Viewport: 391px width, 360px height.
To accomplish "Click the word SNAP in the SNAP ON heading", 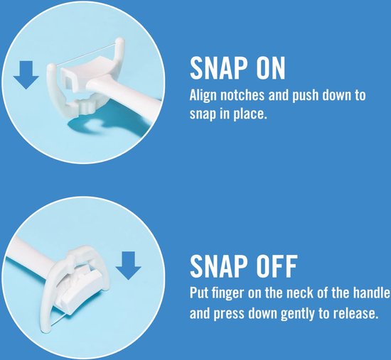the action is click(218, 68).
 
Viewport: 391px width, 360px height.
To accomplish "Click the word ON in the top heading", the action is click(271, 68).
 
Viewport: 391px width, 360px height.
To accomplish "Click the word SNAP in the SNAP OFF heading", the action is click(218, 266).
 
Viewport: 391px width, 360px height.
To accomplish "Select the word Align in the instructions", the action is click(202, 96).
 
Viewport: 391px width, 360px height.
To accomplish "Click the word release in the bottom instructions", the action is click(354, 313).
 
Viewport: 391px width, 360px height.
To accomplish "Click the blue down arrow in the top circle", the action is click(26, 75).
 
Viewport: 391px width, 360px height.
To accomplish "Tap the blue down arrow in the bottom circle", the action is click(129, 266).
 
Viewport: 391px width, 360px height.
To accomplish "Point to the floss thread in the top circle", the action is click(86, 55).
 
